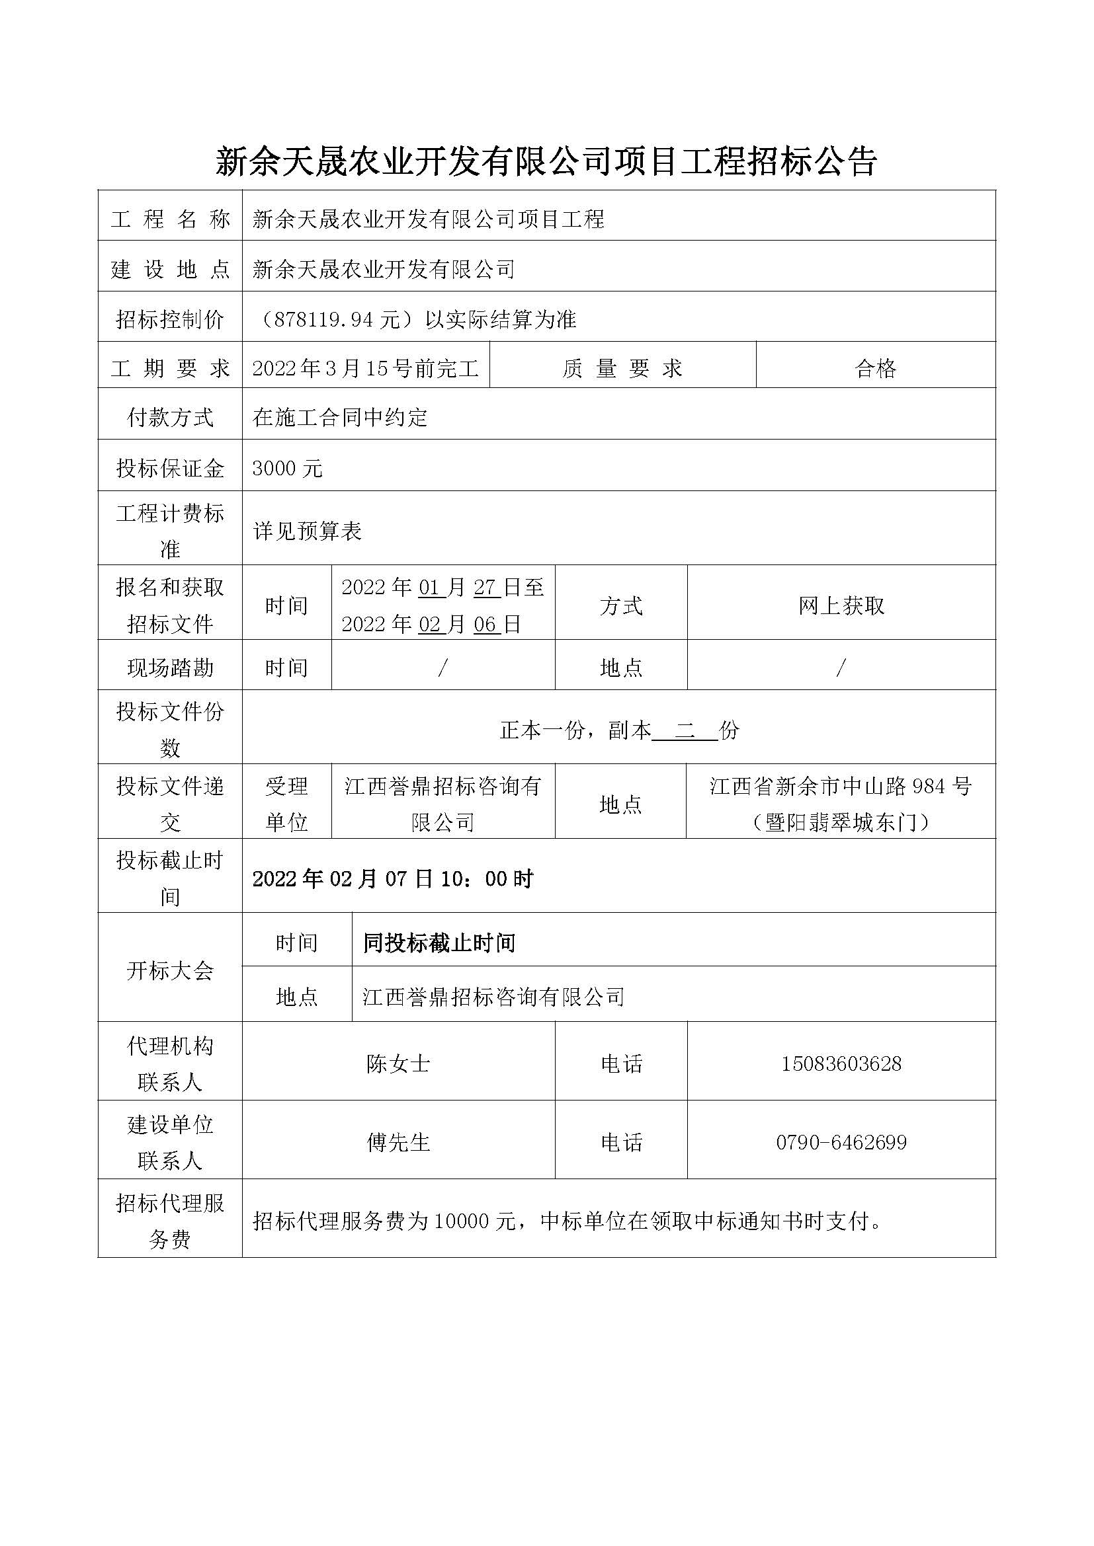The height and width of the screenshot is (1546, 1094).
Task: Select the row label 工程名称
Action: click(170, 219)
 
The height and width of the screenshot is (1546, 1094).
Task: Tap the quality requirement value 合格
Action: click(875, 368)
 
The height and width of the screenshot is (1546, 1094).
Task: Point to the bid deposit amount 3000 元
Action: click(288, 469)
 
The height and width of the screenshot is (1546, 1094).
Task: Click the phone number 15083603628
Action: click(841, 1063)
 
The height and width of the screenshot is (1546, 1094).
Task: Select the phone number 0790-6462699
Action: click(841, 1142)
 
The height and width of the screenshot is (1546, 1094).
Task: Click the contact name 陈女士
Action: click(398, 1063)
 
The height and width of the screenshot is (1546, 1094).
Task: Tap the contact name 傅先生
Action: click(398, 1142)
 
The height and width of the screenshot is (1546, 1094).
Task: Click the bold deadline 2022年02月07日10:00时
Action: click(393, 878)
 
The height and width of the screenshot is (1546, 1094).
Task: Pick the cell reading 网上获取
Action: click(841, 606)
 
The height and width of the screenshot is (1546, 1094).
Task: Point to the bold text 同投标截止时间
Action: click(439, 943)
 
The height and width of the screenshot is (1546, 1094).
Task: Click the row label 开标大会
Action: click(170, 970)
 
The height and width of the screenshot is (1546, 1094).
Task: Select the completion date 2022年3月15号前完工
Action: click(366, 368)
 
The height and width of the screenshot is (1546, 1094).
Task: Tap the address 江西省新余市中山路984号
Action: click(841, 786)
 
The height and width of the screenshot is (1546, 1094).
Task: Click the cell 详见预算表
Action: click(307, 531)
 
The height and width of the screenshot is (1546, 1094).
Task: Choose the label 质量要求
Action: click(622, 368)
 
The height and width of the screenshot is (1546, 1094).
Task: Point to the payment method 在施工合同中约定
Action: click(340, 418)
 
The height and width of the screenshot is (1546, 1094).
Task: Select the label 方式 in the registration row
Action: click(620, 606)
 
